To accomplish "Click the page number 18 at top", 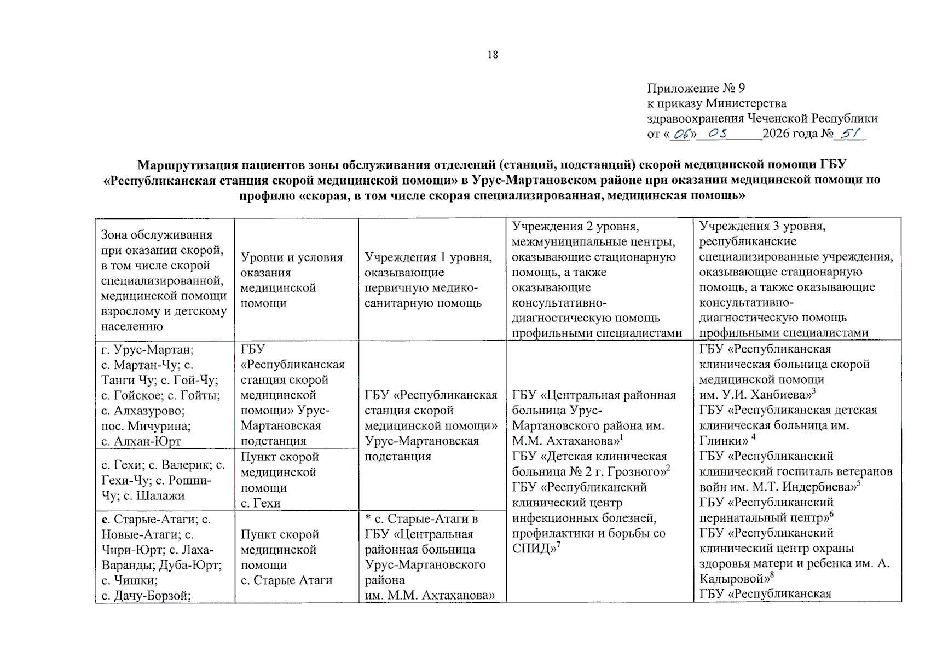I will click(x=493, y=55).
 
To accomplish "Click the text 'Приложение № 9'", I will click(x=696, y=88).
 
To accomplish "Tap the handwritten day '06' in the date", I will click(x=682, y=134).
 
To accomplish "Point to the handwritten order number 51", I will click(x=850, y=133).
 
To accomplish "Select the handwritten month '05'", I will click(x=718, y=133).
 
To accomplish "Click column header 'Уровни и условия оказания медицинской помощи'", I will click(x=291, y=280).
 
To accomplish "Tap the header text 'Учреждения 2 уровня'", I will click(x=575, y=227).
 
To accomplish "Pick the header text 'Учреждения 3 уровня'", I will click(x=762, y=226).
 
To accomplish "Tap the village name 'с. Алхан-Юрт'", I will click(x=141, y=441).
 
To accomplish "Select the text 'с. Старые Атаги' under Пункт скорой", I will click(x=286, y=580).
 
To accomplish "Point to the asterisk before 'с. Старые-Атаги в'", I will click(x=368, y=518).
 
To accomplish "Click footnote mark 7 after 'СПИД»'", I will click(x=558, y=545).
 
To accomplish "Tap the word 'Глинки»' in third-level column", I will click(x=724, y=441).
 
